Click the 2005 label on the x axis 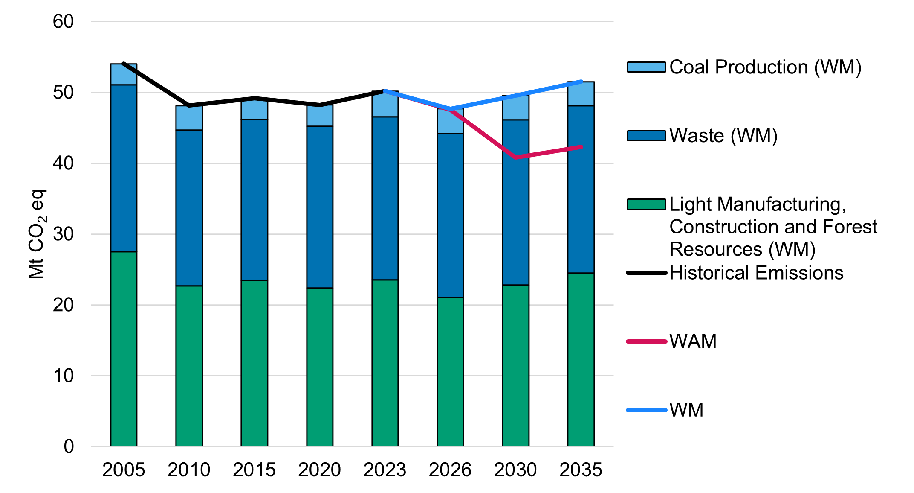(124, 470)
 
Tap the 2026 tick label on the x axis (450, 470)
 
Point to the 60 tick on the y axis (63, 22)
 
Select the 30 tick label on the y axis (63, 234)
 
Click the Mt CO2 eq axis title (37, 234)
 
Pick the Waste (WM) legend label (723, 136)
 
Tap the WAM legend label (693, 341)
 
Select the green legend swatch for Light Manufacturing (646, 204)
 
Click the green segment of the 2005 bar (124, 349)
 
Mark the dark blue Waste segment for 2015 (255, 200)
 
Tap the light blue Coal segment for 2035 (581, 94)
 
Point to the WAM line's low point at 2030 (516, 158)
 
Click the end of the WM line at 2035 (581, 82)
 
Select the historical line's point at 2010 (189, 105)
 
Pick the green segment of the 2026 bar (450, 372)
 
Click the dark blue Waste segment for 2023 (385, 198)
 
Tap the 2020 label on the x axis (320, 470)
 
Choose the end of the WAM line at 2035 (581, 147)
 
